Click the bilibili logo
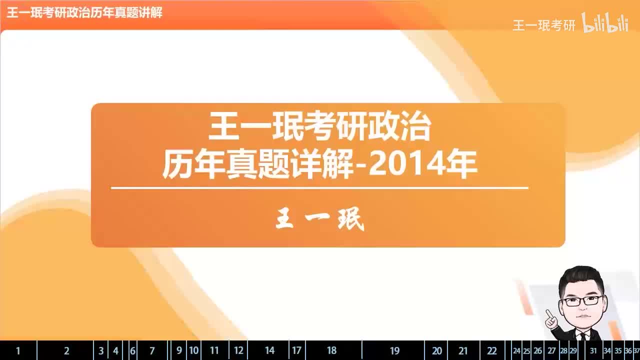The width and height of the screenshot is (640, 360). [x=605, y=24]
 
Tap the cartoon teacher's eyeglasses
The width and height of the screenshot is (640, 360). [x=582, y=300]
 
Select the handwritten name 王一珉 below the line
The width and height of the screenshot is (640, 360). [x=320, y=219]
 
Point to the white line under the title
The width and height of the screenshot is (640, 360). [x=319, y=188]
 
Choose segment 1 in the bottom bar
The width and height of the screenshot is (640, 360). [x=18, y=350]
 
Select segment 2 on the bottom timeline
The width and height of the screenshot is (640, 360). [x=66, y=350]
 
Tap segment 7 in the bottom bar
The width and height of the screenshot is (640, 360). [x=152, y=350]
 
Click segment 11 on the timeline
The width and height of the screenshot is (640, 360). [x=214, y=350]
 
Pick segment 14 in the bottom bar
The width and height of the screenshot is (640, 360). [x=269, y=350]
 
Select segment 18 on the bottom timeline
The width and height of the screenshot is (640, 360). [x=332, y=350]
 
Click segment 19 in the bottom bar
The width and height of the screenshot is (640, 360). [x=394, y=350]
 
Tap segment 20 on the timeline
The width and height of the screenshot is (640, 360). [x=436, y=350]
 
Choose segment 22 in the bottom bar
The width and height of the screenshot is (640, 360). [x=492, y=350]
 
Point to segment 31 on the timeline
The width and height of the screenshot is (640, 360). [x=593, y=350]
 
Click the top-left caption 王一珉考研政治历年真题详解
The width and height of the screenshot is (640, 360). [x=84, y=13]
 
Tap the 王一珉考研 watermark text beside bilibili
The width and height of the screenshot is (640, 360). [x=544, y=25]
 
